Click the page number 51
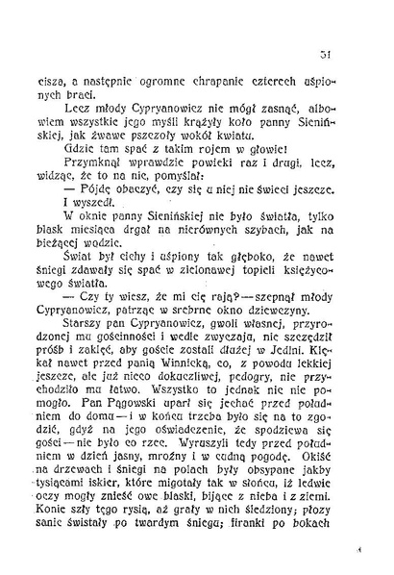[x=355, y=53]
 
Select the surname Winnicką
[x=205, y=392]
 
